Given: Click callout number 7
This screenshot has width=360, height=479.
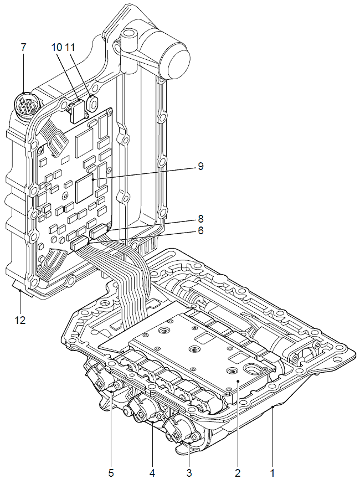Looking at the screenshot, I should click(23, 47).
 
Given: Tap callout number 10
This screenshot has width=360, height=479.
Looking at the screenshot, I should click(58, 47).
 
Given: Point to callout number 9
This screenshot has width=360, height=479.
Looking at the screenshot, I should click(200, 166).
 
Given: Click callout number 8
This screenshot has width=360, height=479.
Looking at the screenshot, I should click(200, 218).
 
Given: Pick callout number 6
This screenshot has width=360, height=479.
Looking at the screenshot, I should click(200, 230).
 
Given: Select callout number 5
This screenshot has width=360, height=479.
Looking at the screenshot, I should click(111, 472).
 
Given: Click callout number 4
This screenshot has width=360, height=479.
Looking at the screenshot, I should click(152, 472).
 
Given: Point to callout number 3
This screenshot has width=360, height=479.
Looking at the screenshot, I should click(189, 472).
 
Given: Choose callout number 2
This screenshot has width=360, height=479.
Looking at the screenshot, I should click(238, 472).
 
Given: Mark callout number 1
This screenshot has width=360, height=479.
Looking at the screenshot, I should click(272, 472).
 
